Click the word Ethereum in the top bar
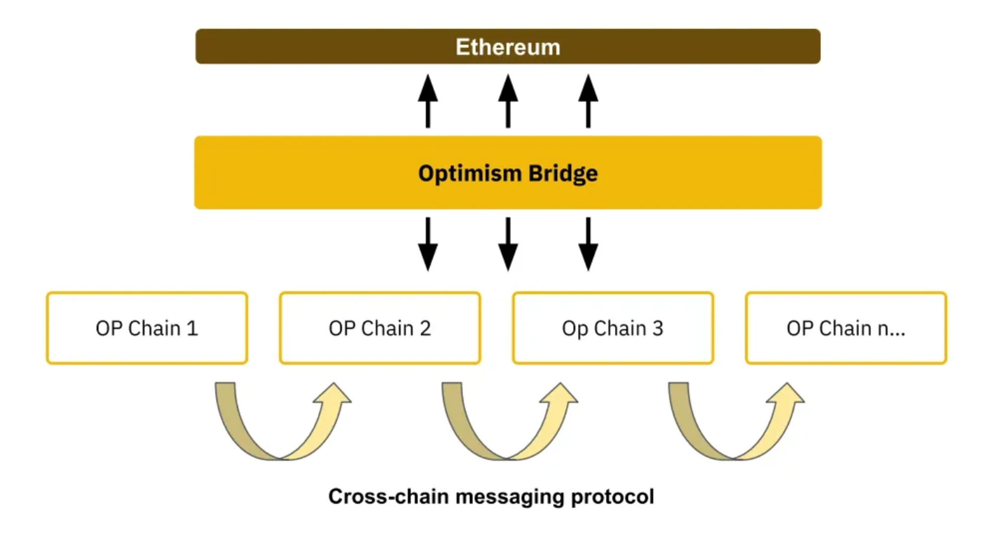(508, 47)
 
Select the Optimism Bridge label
(508, 173)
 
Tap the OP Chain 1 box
(147, 328)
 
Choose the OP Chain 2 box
(380, 328)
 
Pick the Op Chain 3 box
(613, 328)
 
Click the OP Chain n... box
(846, 328)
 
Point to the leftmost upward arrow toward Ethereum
(428, 101)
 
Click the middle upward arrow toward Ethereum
(508, 101)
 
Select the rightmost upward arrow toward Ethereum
(588, 101)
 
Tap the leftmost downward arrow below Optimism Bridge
(428, 244)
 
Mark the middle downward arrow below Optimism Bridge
(508, 244)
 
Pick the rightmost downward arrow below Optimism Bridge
(588, 244)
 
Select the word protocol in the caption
(612, 497)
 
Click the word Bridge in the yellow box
(563, 173)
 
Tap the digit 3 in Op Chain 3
(658, 328)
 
